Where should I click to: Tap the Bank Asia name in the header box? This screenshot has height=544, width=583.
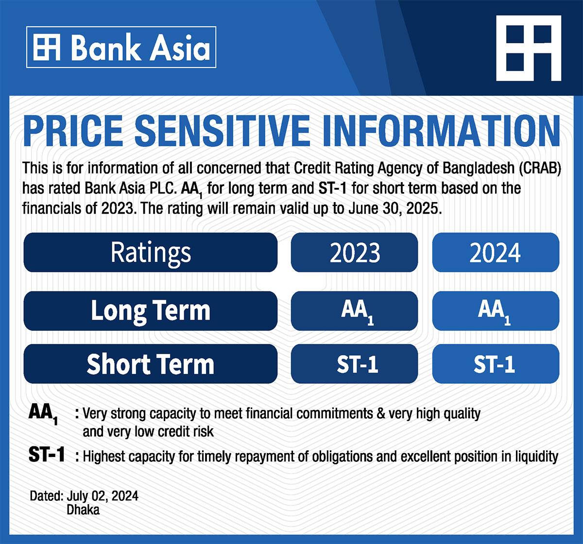pos(140,47)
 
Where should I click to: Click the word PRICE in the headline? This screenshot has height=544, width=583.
pos(73,131)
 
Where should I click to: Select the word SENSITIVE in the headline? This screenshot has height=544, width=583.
pos(222,131)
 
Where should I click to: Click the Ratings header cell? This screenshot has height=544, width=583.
pos(150,253)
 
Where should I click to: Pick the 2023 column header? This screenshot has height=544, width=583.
pos(354,253)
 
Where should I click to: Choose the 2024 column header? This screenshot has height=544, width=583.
pos(496,253)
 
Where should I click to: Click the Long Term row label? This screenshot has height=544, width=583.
pos(150,311)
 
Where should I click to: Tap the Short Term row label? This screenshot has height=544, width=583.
pos(150,364)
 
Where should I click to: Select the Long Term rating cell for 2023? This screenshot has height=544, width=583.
pos(354,311)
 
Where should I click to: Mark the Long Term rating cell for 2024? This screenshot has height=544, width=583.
pos(496,311)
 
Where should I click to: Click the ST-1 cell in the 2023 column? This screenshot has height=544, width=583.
pos(354,364)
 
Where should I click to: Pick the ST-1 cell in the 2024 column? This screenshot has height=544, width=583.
pos(496,364)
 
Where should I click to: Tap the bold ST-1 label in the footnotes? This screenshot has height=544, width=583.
pos(46,455)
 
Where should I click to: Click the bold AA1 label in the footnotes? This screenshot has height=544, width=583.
pos(43,414)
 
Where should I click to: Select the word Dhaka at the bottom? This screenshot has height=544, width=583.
pos(83,510)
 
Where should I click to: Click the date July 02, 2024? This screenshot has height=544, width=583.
pos(103,496)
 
